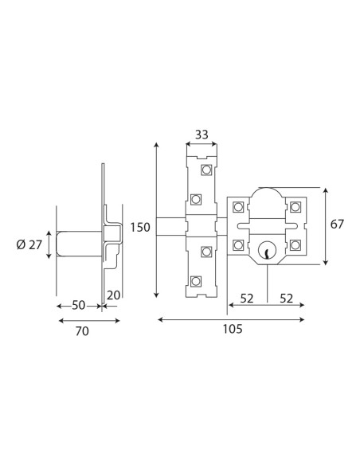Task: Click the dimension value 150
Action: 140,228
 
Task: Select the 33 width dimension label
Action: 202,135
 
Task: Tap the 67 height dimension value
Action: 337,224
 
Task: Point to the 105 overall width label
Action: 233,329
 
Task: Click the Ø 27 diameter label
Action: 29,245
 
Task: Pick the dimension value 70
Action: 82,331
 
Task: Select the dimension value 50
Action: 79,305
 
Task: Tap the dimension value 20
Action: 114,295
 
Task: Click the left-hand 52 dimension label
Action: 247,299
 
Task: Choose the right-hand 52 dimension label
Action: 287,299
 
